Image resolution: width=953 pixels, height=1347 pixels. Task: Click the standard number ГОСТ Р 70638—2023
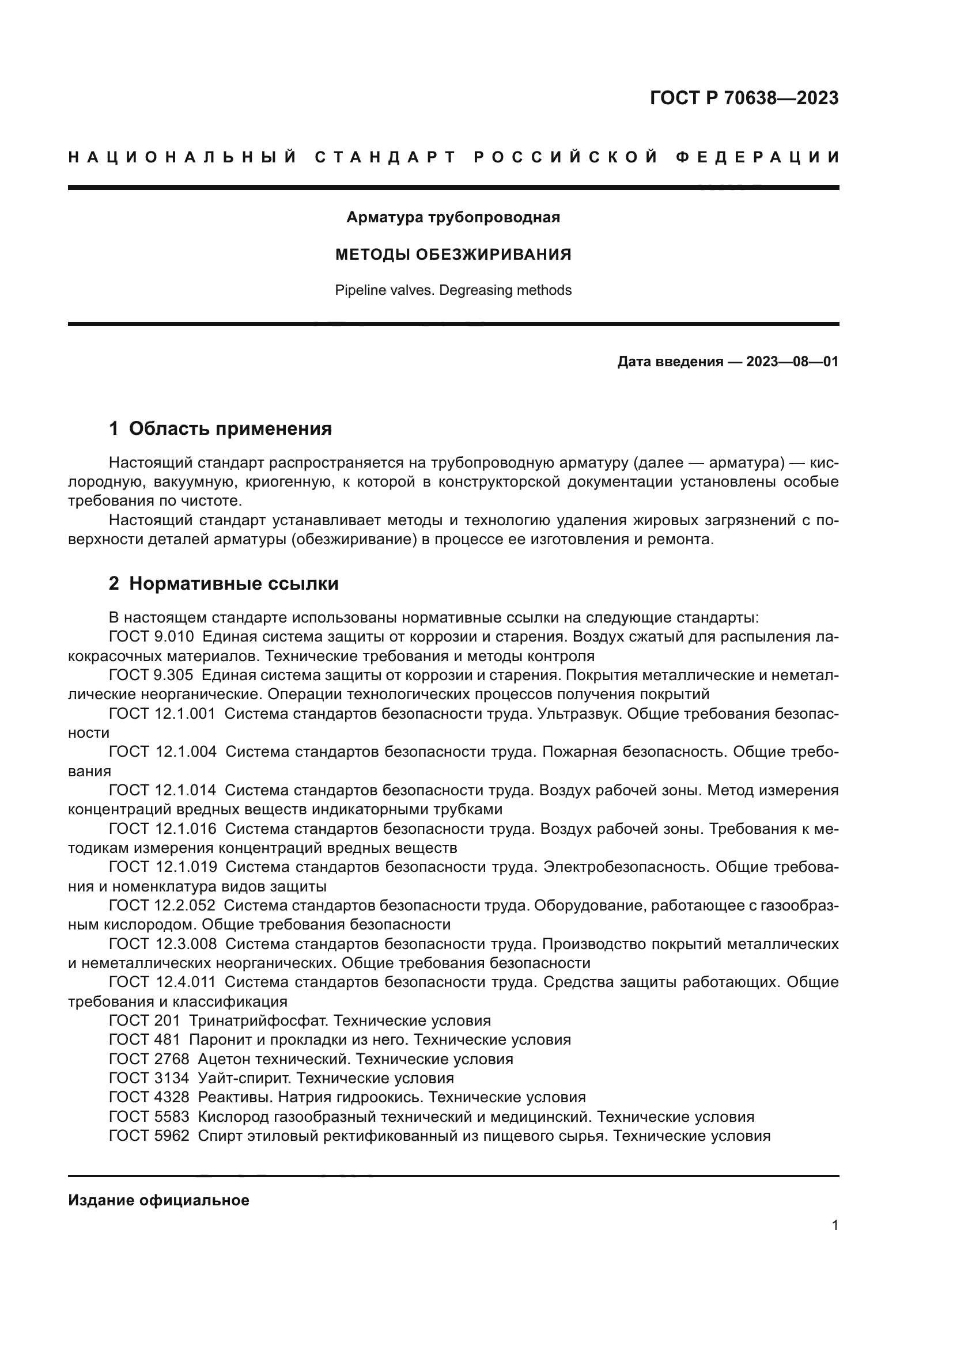743,98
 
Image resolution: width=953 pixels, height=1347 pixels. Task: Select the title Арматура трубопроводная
453,218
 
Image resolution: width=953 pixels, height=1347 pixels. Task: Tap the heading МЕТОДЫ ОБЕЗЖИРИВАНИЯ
453,255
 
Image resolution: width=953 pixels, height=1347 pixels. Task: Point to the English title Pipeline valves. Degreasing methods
453,290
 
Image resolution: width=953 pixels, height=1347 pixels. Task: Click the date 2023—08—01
792,362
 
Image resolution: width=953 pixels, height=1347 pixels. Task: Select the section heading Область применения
230,429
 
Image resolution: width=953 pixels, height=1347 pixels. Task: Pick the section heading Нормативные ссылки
233,584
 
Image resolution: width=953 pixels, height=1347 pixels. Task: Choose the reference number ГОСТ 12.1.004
162,752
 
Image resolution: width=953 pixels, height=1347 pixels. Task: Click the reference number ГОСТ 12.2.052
162,905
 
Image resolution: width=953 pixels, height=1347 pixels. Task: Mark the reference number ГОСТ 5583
149,1117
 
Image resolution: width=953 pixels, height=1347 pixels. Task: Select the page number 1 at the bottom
835,1225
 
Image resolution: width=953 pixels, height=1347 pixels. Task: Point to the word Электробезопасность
625,867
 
